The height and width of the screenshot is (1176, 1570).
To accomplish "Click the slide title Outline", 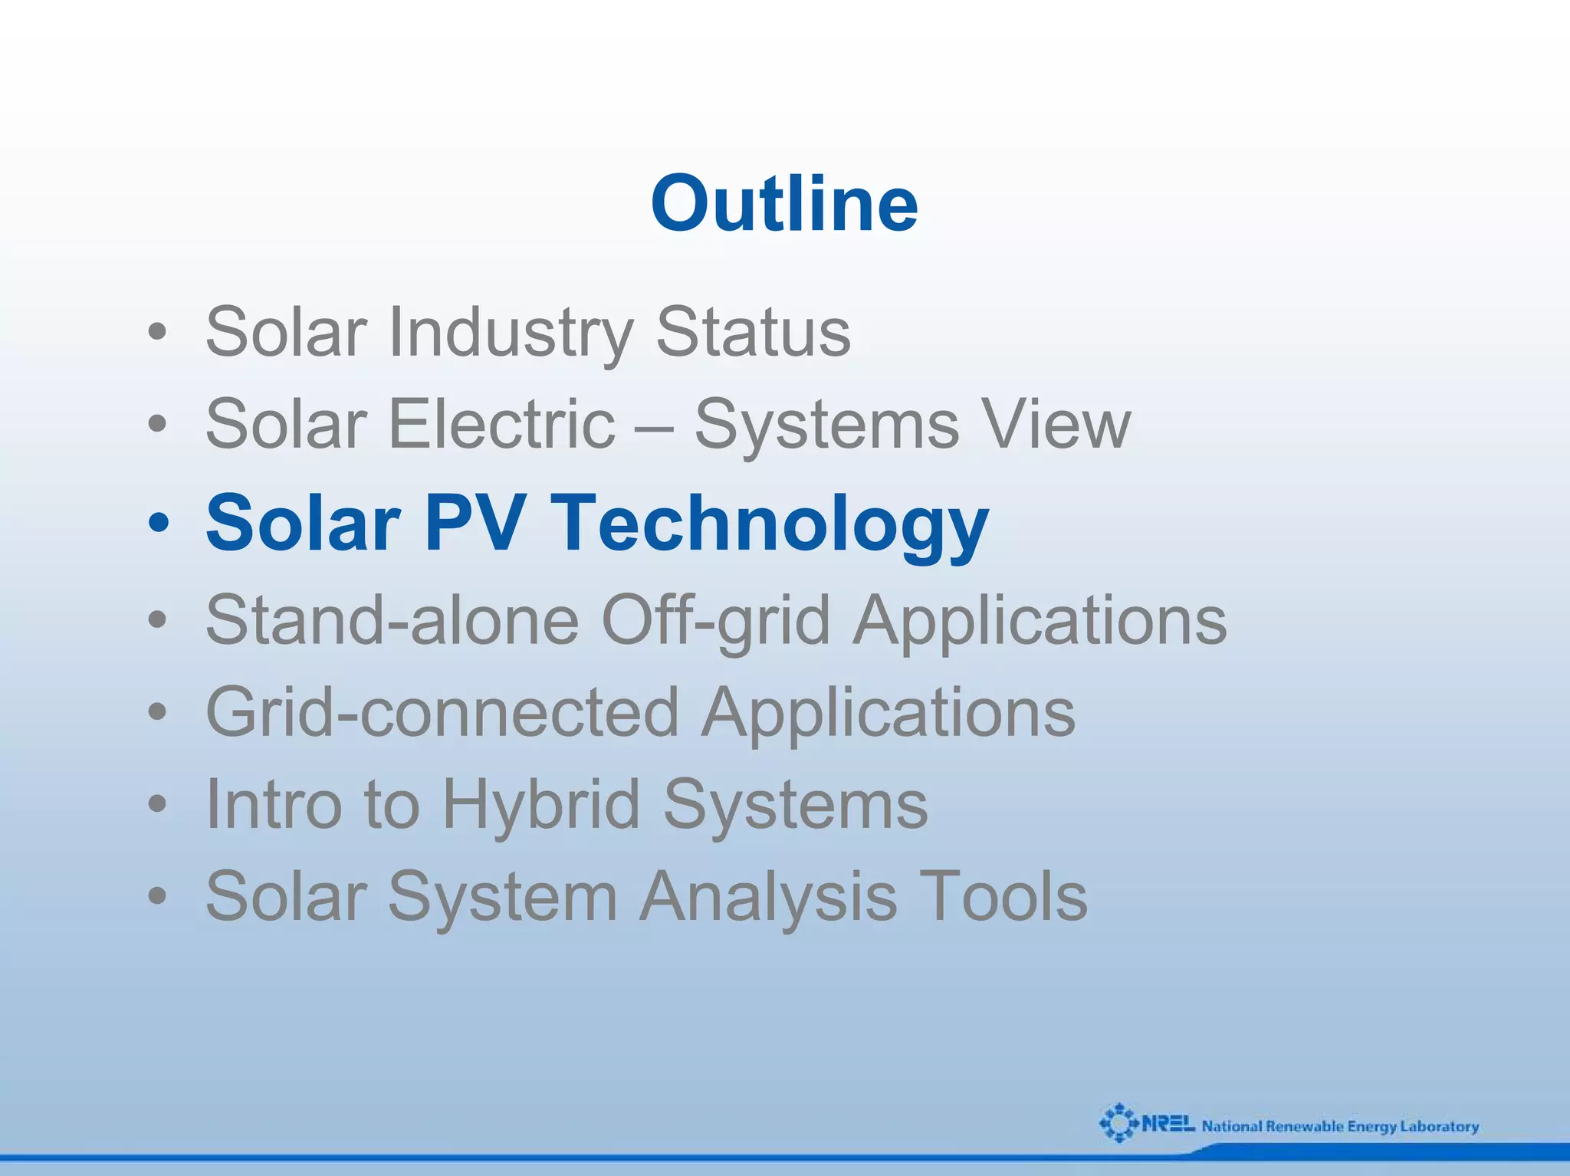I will point(784,203).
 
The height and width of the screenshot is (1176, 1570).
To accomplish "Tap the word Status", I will point(753,332).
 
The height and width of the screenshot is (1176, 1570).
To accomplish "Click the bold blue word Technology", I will point(769,524).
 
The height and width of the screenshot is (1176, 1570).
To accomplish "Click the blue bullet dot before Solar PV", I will point(158,524).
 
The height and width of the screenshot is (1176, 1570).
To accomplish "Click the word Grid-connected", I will point(442,712).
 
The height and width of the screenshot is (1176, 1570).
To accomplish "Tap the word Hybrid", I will point(541,804).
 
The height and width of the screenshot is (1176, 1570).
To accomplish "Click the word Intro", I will point(273,804).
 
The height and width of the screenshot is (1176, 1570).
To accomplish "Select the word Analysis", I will point(767,896).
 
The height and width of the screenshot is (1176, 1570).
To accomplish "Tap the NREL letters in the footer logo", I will point(1168,1124).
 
